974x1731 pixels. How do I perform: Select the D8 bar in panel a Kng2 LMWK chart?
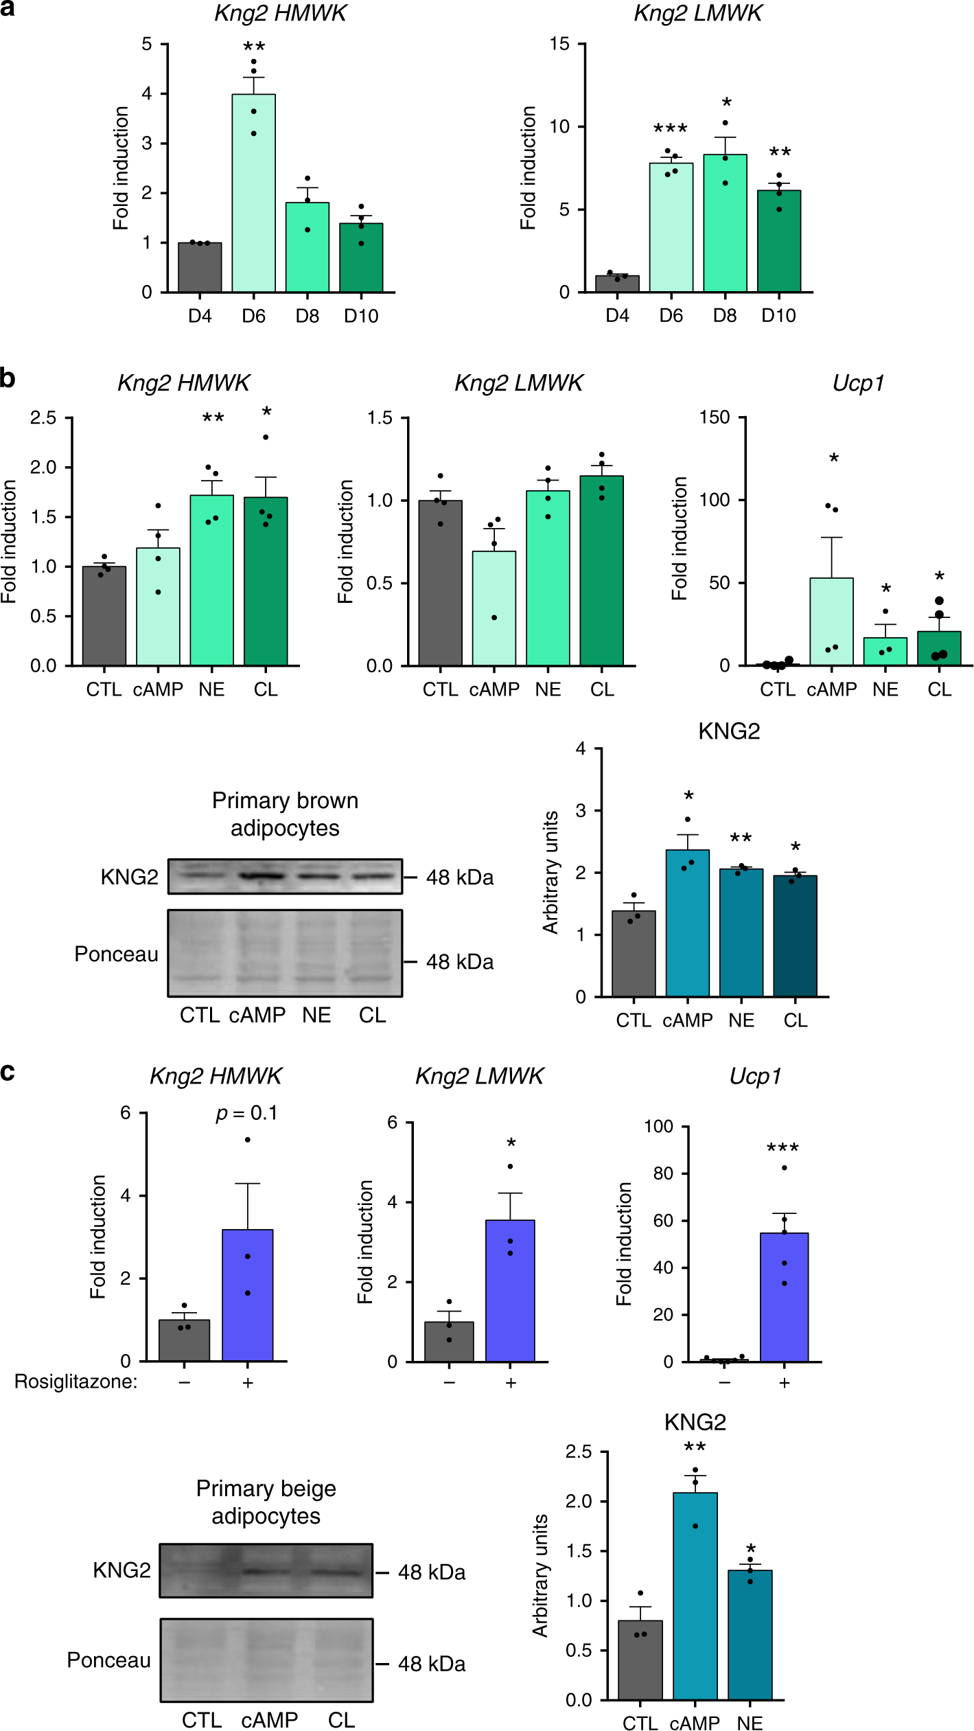pyautogui.click(x=725, y=224)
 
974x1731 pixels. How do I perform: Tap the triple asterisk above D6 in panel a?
pyautogui.click(x=670, y=129)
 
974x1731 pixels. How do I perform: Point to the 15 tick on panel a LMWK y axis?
pyautogui.click(x=559, y=45)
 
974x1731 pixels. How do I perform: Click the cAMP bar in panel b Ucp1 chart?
pyautogui.click(x=831, y=621)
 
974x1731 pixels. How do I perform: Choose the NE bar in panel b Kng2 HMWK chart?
pyautogui.click(x=211, y=580)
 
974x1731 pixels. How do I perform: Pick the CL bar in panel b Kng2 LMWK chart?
pyautogui.click(x=601, y=571)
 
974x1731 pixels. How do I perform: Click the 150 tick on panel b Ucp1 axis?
pyautogui.click(x=714, y=417)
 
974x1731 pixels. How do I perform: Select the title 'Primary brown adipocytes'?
pyautogui.click(x=285, y=814)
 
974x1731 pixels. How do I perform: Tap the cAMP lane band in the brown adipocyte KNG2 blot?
pyautogui.click(x=261, y=876)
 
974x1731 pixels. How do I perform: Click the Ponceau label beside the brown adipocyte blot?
pyautogui.click(x=116, y=954)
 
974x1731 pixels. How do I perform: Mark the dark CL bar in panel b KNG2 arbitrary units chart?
pyautogui.click(x=795, y=936)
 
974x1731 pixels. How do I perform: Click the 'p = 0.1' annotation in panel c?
pyautogui.click(x=246, y=1113)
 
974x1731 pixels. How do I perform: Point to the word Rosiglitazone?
pyautogui.click(x=76, y=1382)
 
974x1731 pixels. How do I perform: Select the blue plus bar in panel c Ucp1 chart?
pyautogui.click(x=784, y=1297)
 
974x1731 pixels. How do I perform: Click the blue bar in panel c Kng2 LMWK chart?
pyautogui.click(x=510, y=1291)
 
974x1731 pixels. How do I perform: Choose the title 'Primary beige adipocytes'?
pyautogui.click(x=266, y=1502)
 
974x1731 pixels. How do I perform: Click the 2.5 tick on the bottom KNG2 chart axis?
pyautogui.click(x=578, y=1452)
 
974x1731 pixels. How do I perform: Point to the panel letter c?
pyautogui.click(x=8, y=1071)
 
